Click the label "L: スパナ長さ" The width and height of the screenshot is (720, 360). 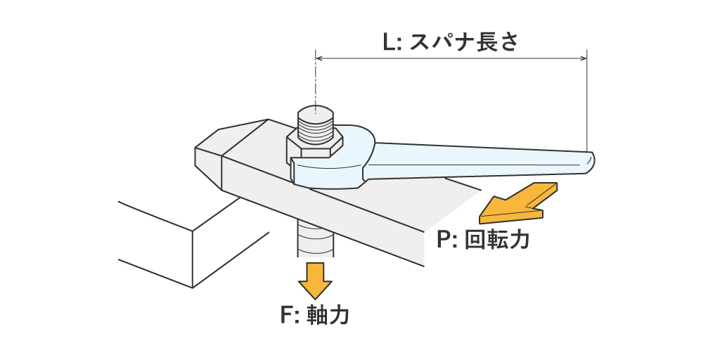pyautogui.click(x=450, y=42)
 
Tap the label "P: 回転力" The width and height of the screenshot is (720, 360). pyautogui.click(x=482, y=241)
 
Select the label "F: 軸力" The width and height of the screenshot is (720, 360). pyautogui.click(x=314, y=314)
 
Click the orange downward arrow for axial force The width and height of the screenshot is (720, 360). pyautogui.click(x=314, y=280)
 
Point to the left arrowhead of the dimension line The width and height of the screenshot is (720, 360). pyautogui.click(x=319, y=58)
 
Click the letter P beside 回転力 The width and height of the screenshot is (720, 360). pyautogui.click(x=443, y=241)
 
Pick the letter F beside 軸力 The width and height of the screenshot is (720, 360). pyautogui.click(x=286, y=314)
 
